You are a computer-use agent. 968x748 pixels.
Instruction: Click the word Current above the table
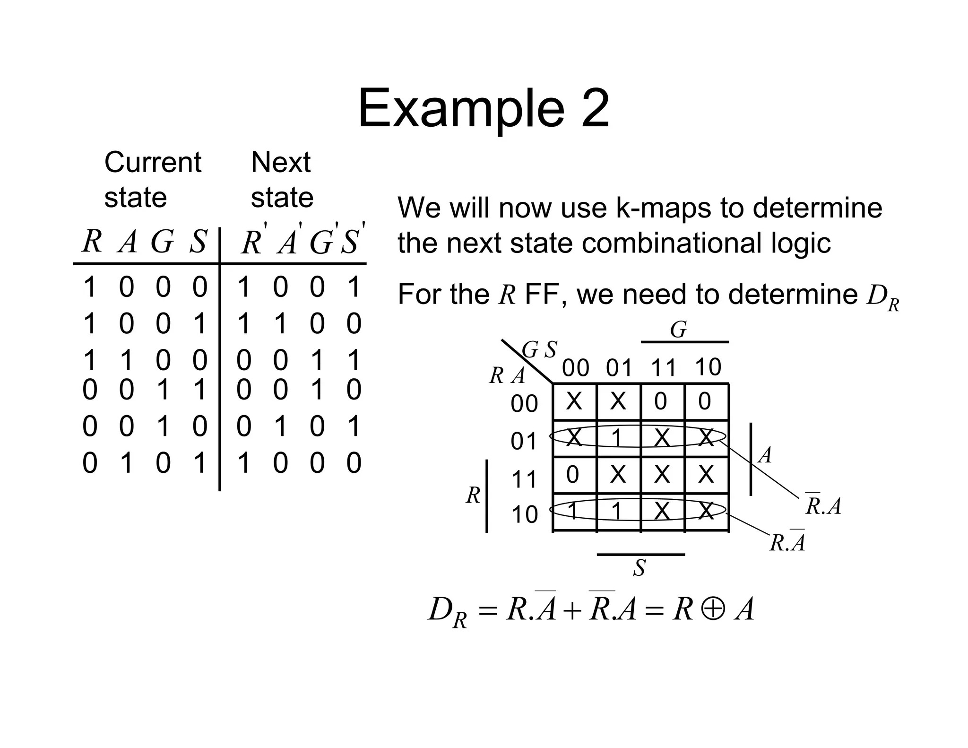pyautogui.click(x=153, y=162)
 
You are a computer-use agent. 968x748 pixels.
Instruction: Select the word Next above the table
pyautogui.click(x=281, y=162)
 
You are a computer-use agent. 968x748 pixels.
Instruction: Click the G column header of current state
pyautogui.click(x=162, y=242)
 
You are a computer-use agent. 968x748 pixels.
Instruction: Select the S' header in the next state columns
pyautogui.click(x=352, y=242)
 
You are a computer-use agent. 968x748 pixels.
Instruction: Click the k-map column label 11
pyautogui.click(x=663, y=368)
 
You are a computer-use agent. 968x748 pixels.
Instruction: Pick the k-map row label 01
pyautogui.click(x=524, y=441)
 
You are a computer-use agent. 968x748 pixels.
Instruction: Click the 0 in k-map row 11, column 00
pyautogui.click(x=572, y=474)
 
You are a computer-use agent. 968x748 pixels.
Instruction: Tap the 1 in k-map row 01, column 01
pyautogui.click(x=617, y=438)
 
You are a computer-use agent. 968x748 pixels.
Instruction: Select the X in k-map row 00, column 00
pyautogui.click(x=574, y=401)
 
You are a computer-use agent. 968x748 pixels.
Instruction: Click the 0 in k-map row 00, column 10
pyautogui.click(x=704, y=401)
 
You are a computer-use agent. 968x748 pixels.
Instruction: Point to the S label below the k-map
pyautogui.click(x=640, y=568)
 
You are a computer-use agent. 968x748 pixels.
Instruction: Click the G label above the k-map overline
pyautogui.click(x=678, y=330)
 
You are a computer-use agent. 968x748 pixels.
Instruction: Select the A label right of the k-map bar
pyautogui.click(x=765, y=455)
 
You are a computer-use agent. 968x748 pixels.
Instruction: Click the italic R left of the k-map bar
pyautogui.click(x=473, y=496)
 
